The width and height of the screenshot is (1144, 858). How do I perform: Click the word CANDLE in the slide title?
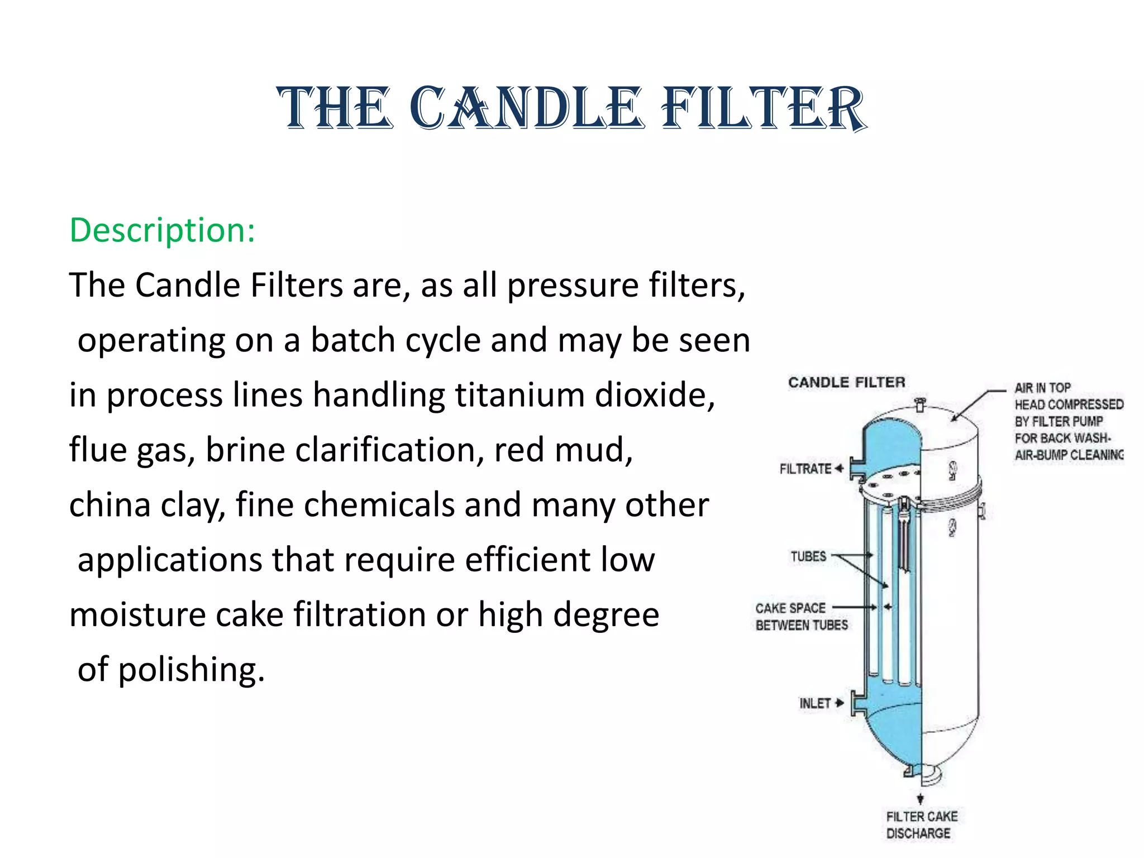[524, 108]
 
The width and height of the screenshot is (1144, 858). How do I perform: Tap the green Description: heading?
[162, 230]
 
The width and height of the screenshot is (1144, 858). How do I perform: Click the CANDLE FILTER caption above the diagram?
[846, 383]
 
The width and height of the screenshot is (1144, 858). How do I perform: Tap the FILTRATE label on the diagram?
[805, 469]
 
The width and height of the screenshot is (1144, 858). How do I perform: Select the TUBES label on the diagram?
[808, 556]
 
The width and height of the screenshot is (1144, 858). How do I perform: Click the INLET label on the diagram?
[815, 703]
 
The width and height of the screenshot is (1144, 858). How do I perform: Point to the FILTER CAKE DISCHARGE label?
[921, 824]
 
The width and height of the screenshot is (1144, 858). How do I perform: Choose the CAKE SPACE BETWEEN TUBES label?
[801, 616]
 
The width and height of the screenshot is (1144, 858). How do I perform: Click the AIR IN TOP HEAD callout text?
[1068, 421]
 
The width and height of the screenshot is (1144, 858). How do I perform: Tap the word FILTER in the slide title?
[763, 108]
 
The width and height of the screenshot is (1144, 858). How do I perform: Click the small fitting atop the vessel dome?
[920, 403]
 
